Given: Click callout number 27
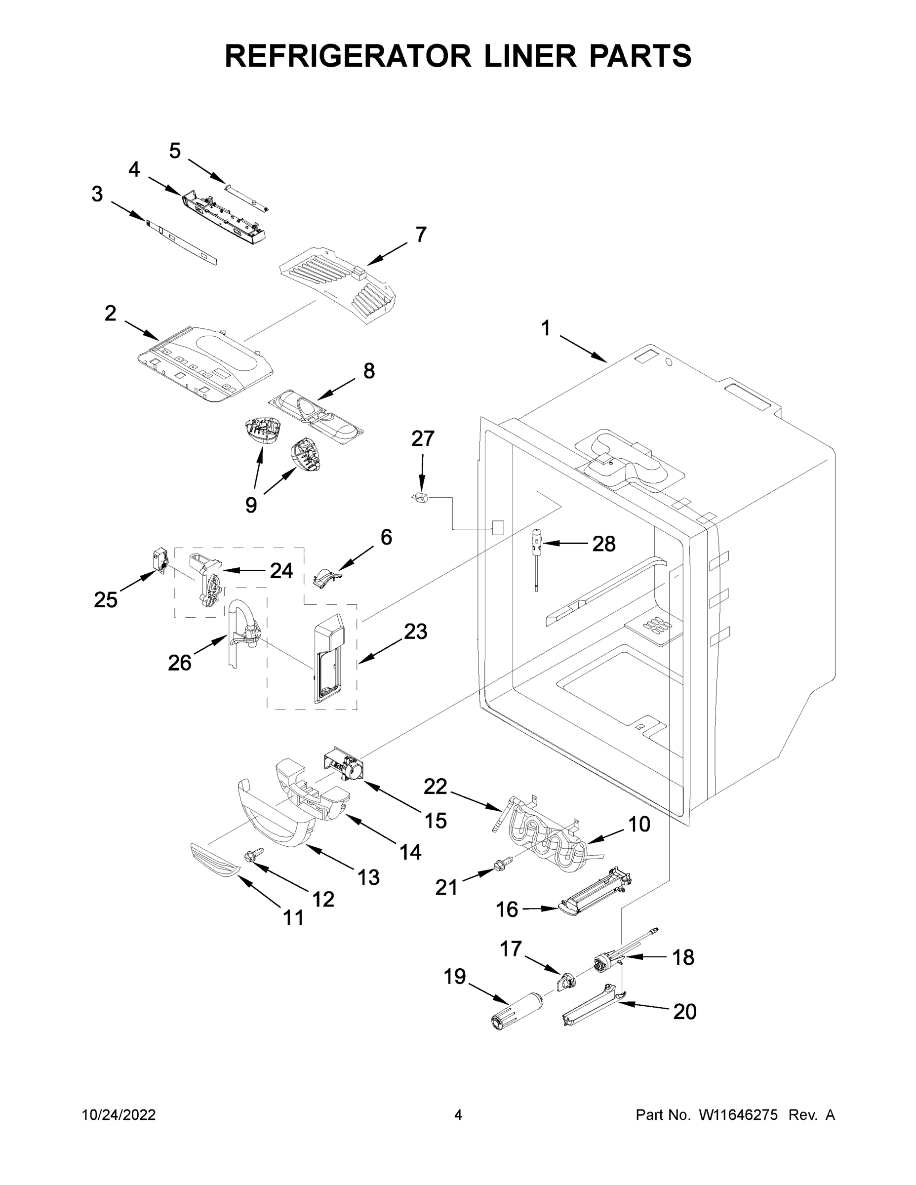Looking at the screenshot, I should point(423,438).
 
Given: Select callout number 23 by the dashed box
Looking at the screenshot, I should point(415,632).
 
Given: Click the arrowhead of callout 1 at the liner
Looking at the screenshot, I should point(605,361).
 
